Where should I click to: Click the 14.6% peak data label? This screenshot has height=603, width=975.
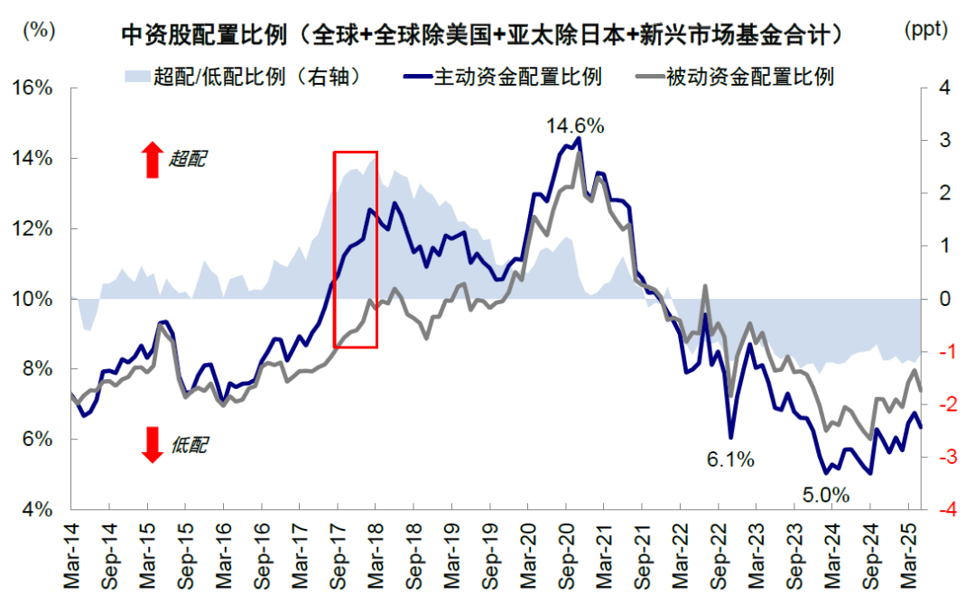(575, 125)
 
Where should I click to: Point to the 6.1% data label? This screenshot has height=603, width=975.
(730, 459)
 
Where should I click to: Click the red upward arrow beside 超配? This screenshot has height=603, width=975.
(152, 160)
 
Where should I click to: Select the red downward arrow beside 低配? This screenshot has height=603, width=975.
(152, 444)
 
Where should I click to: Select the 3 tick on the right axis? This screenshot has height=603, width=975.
(944, 141)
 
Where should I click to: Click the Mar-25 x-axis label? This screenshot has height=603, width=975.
(908, 557)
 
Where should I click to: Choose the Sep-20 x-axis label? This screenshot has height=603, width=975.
(566, 557)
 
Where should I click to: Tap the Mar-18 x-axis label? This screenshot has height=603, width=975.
(376, 557)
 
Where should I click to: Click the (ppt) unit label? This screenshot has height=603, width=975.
(925, 30)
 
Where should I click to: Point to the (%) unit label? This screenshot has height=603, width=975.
(37, 30)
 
